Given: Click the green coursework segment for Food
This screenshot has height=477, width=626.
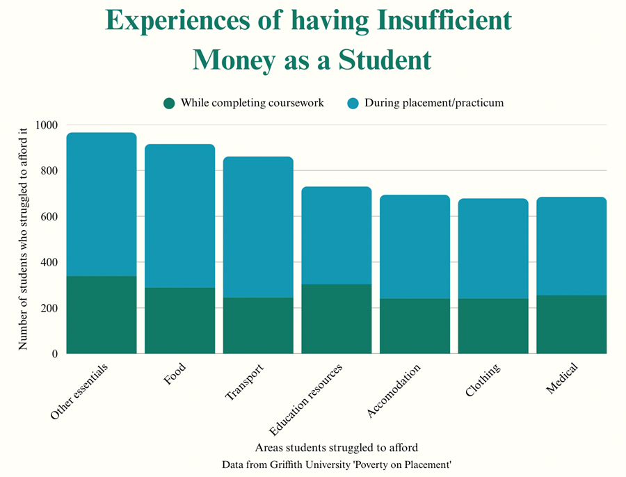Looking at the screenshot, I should coord(179,321).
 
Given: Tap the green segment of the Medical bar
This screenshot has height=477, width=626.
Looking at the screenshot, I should coord(571,324).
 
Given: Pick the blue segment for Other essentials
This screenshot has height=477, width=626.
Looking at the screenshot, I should coord(102,204).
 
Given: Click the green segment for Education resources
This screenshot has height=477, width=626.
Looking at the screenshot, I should coord(337,318).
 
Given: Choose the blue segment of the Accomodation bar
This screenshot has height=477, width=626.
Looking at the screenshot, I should coord(415,246).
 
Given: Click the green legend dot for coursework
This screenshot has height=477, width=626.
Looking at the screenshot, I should coord(169,103).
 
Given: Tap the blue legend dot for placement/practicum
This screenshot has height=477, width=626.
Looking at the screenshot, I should coord(352,103).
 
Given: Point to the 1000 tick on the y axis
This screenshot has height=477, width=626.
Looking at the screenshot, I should coord(49,125).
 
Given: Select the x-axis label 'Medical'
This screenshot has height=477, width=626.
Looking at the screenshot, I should coord(561,379).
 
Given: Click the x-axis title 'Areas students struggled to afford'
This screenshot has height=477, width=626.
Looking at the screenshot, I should coord(337,446).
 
